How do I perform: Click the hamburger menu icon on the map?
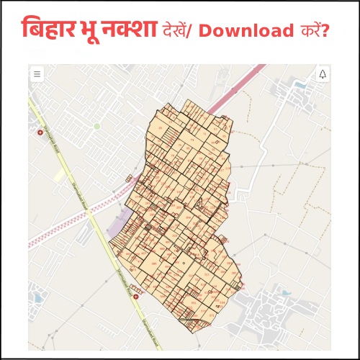pyautogui.click(x=37, y=74)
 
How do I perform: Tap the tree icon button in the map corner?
pyautogui.click(x=322, y=74)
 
